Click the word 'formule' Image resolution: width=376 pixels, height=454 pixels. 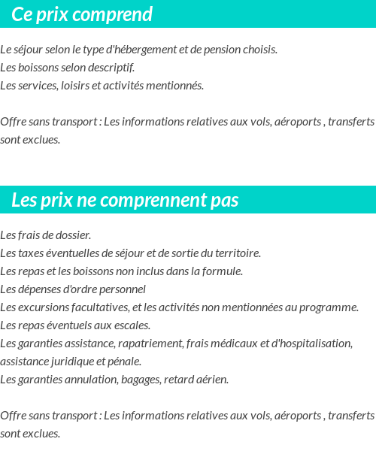coord(223,271)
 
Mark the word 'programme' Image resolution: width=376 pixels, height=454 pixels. coord(329,307)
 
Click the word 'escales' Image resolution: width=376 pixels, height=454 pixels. coord(132,325)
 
